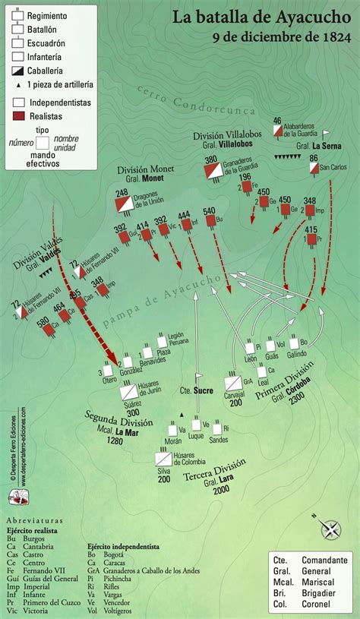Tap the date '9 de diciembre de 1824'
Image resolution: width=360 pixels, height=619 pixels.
click(x=280, y=36)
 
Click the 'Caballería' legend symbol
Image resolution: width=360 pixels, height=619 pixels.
click(x=18, y=69)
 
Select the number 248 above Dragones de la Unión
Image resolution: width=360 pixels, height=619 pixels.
click(x=122, y=193)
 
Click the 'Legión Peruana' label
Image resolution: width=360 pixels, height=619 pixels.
click(x=177, y=339)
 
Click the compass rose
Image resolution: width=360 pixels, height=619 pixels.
click(x=331, y=529)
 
